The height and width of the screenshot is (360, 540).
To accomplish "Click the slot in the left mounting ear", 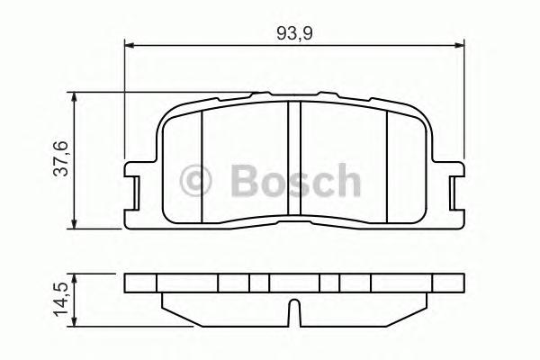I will click(136, 190).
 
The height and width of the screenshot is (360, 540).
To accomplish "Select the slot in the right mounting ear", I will click(453, 190).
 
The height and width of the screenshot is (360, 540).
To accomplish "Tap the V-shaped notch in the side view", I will click(293, 316).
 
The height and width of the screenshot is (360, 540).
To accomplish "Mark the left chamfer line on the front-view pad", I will click(202, 166).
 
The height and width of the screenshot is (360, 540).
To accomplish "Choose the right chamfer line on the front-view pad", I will click(387, 166).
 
